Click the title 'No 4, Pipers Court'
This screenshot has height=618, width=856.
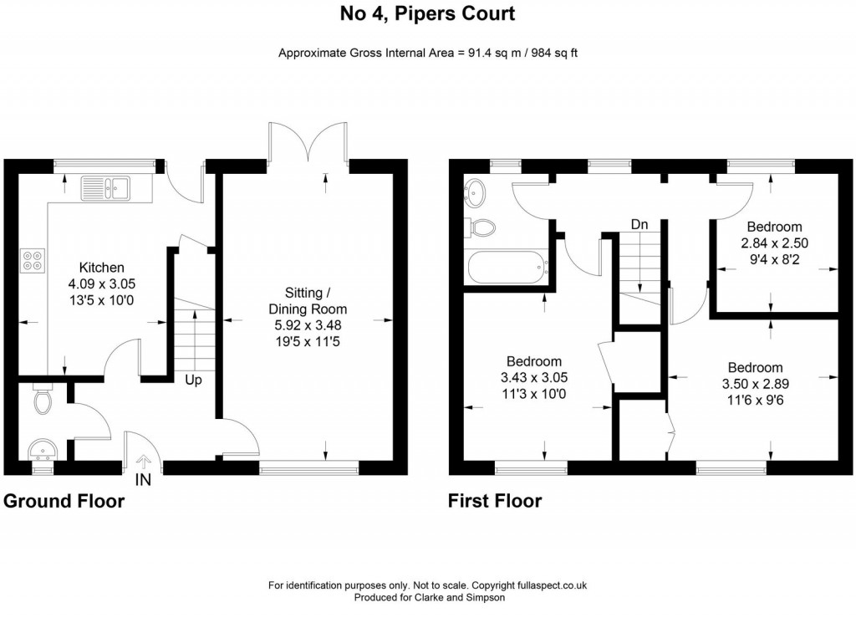(x=427, y=13)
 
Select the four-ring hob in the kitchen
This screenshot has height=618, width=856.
(x=33, y=261)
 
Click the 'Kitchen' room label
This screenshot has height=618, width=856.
(x=96, y=268)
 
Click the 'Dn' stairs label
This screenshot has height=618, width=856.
(x=639, y=224)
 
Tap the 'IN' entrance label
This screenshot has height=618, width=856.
(x=143, y=480)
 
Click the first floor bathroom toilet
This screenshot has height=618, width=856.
(x=482, y=227)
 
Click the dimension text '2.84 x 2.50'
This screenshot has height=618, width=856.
(x=774, y=243)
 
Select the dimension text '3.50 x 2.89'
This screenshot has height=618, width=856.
(x=755, y=384)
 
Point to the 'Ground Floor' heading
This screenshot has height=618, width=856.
(x=64, y=501)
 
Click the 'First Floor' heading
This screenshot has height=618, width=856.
(x=495, y=501)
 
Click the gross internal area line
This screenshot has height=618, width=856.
(x=428, y=53)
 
